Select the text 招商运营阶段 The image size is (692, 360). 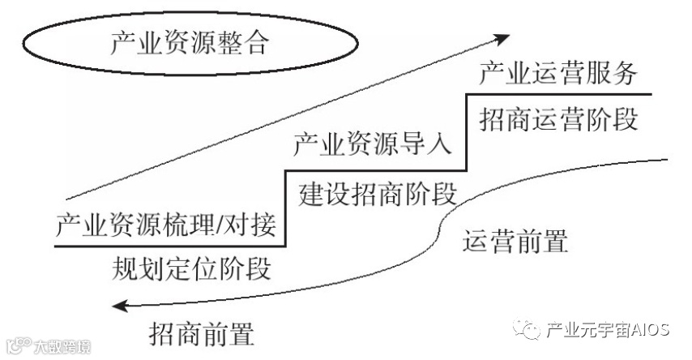(558, 118)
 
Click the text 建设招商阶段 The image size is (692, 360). (378, 194)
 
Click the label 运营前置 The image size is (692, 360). (515, 241)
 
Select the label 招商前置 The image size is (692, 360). (202, 332)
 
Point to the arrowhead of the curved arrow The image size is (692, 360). (120, 305)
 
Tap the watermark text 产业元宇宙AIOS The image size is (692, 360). (607, 330)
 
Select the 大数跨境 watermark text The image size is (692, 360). (62, 346)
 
